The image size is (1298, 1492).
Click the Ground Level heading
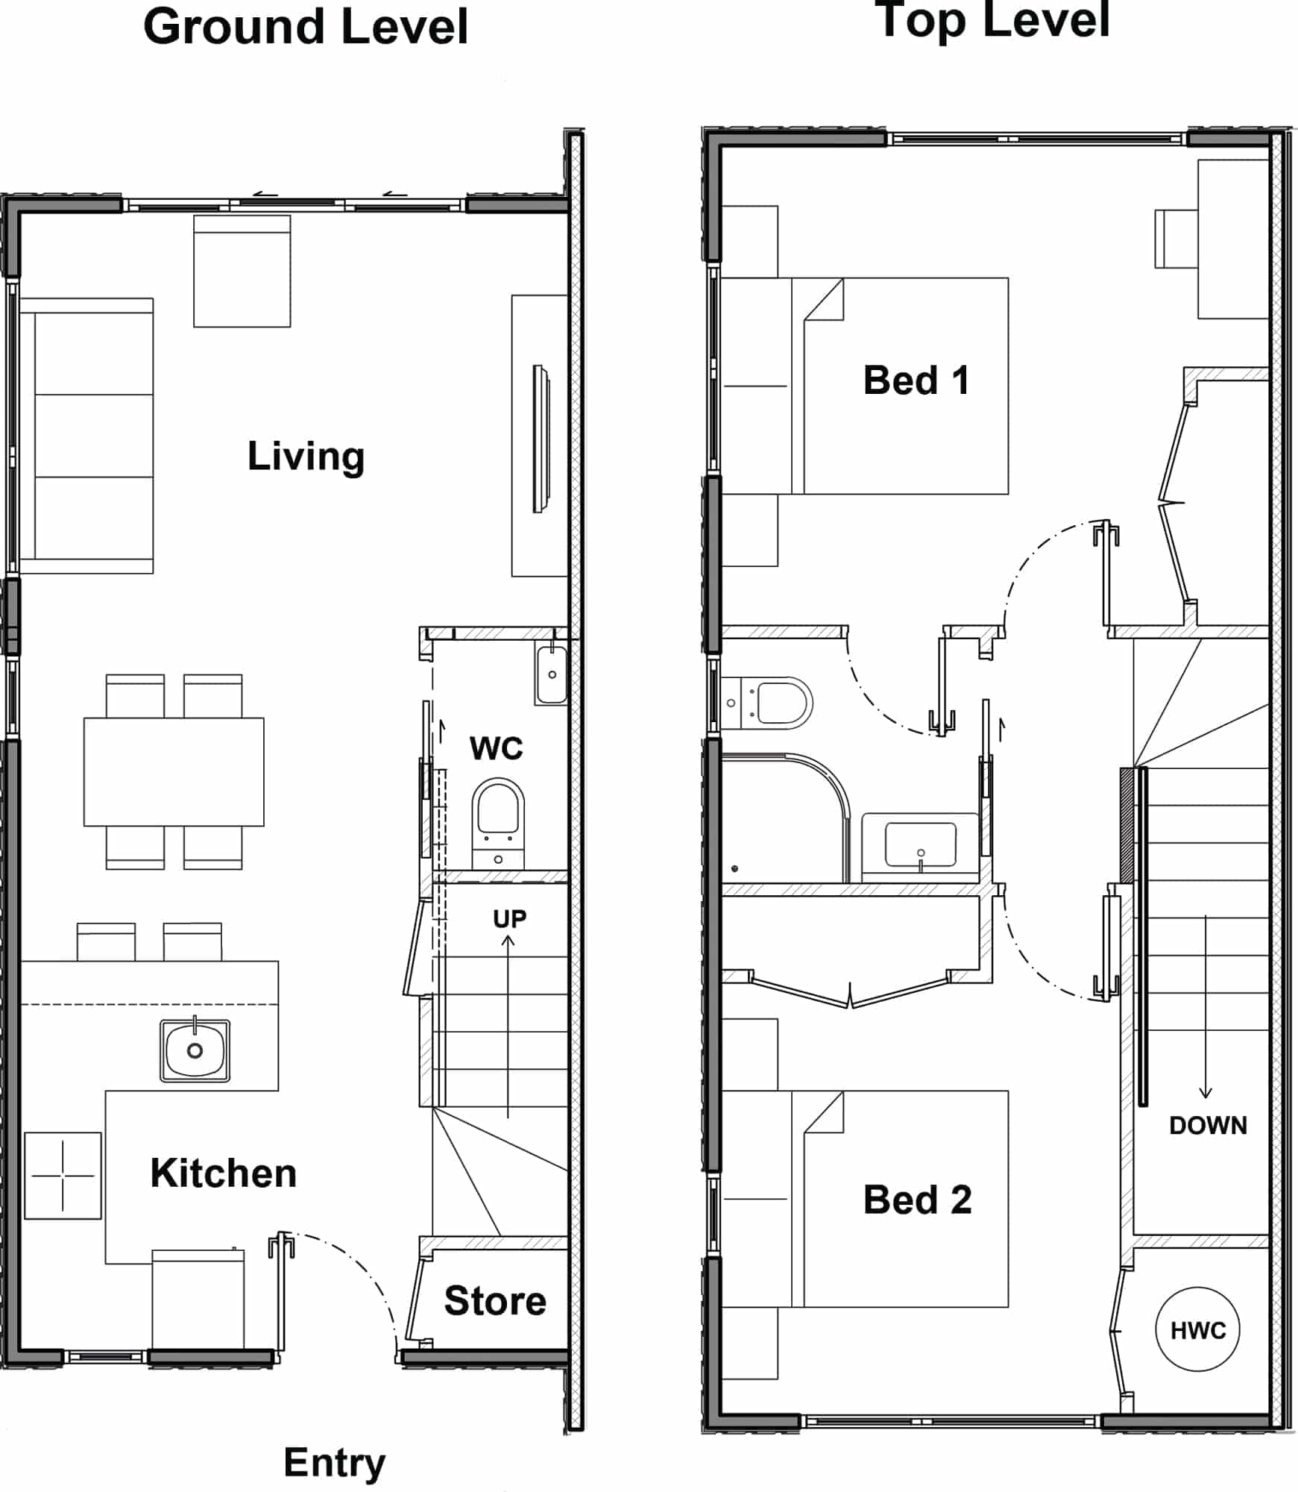306,28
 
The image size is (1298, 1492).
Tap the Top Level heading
992,20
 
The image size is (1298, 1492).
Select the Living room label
306,456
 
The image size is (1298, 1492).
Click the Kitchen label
224,1173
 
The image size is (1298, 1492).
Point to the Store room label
495,1301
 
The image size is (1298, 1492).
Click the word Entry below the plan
335,1464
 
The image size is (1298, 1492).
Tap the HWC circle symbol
1197,1329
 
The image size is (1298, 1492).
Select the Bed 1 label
916,380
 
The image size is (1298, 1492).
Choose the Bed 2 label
917,1200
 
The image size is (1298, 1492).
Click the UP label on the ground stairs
509,918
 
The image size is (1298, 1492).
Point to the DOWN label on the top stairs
1208,1125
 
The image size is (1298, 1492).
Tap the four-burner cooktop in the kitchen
63,1176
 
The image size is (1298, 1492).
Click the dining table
174,771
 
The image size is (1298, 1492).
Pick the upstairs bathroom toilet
766,703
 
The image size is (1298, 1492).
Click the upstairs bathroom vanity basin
920,847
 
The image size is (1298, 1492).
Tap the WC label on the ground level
496,747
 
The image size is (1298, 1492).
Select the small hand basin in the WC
551,674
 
